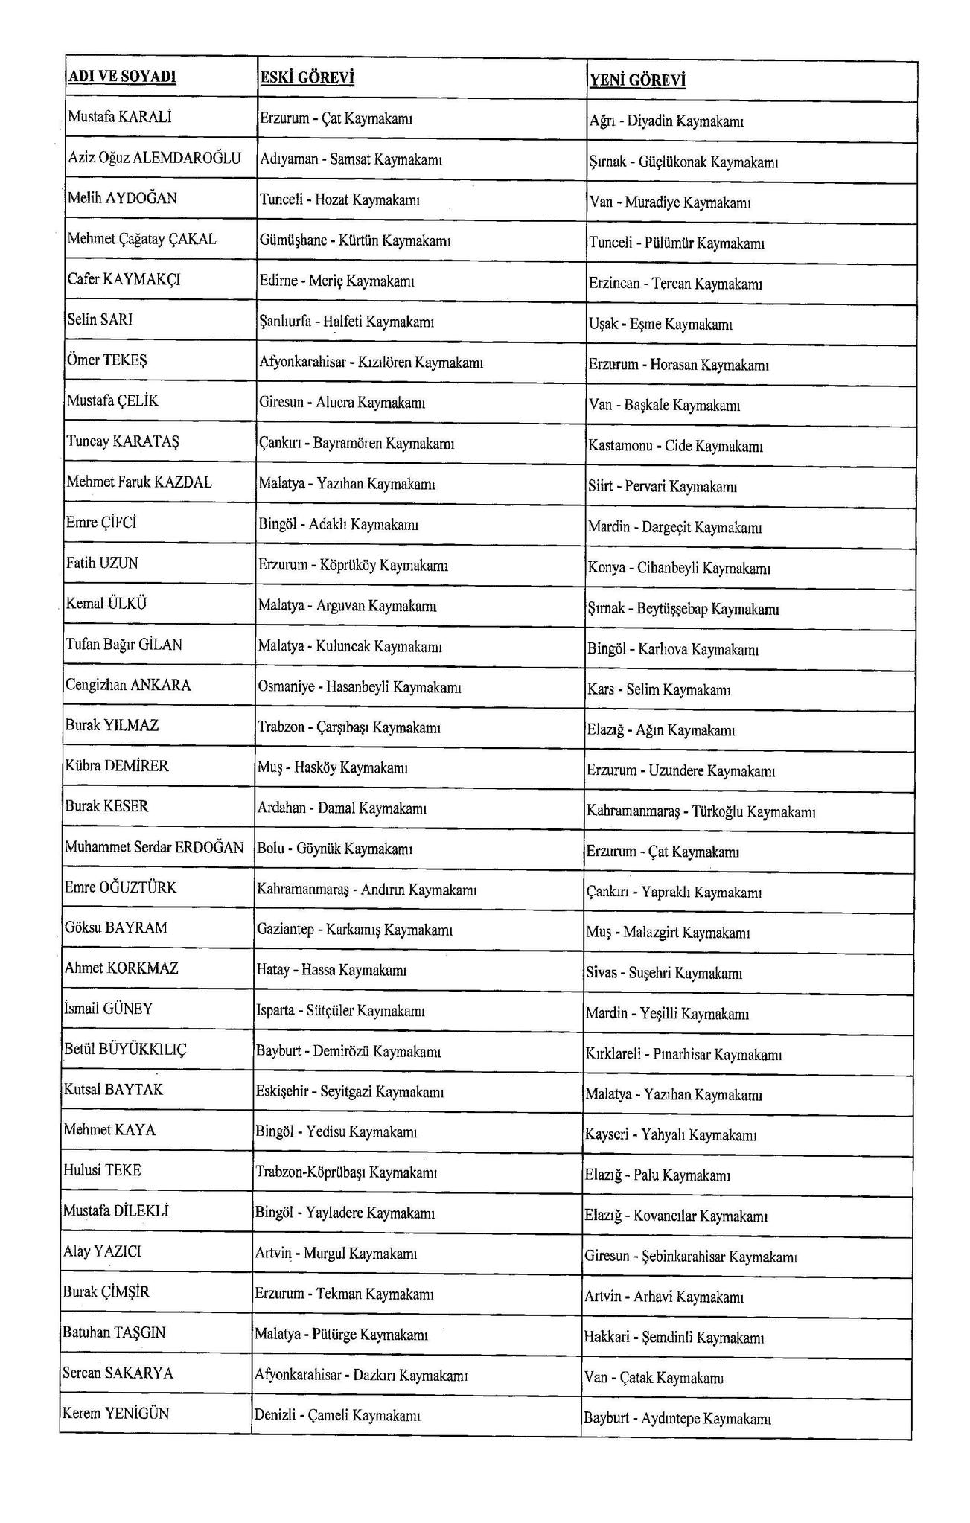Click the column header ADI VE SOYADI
coord(122,77)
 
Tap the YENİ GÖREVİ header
coord(636,80)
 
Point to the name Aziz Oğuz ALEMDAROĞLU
coord(154,158)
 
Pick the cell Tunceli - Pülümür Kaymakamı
coord(676,243)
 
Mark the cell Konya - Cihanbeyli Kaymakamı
coord(678,569)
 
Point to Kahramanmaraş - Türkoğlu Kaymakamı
coord(701,811)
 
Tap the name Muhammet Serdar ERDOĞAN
coord(154,847)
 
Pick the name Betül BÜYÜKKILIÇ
coord(125,1050)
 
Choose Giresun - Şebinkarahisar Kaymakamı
coord(690,1257)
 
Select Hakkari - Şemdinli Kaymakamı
coord(674,1338)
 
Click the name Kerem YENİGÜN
coord(116,1413)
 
